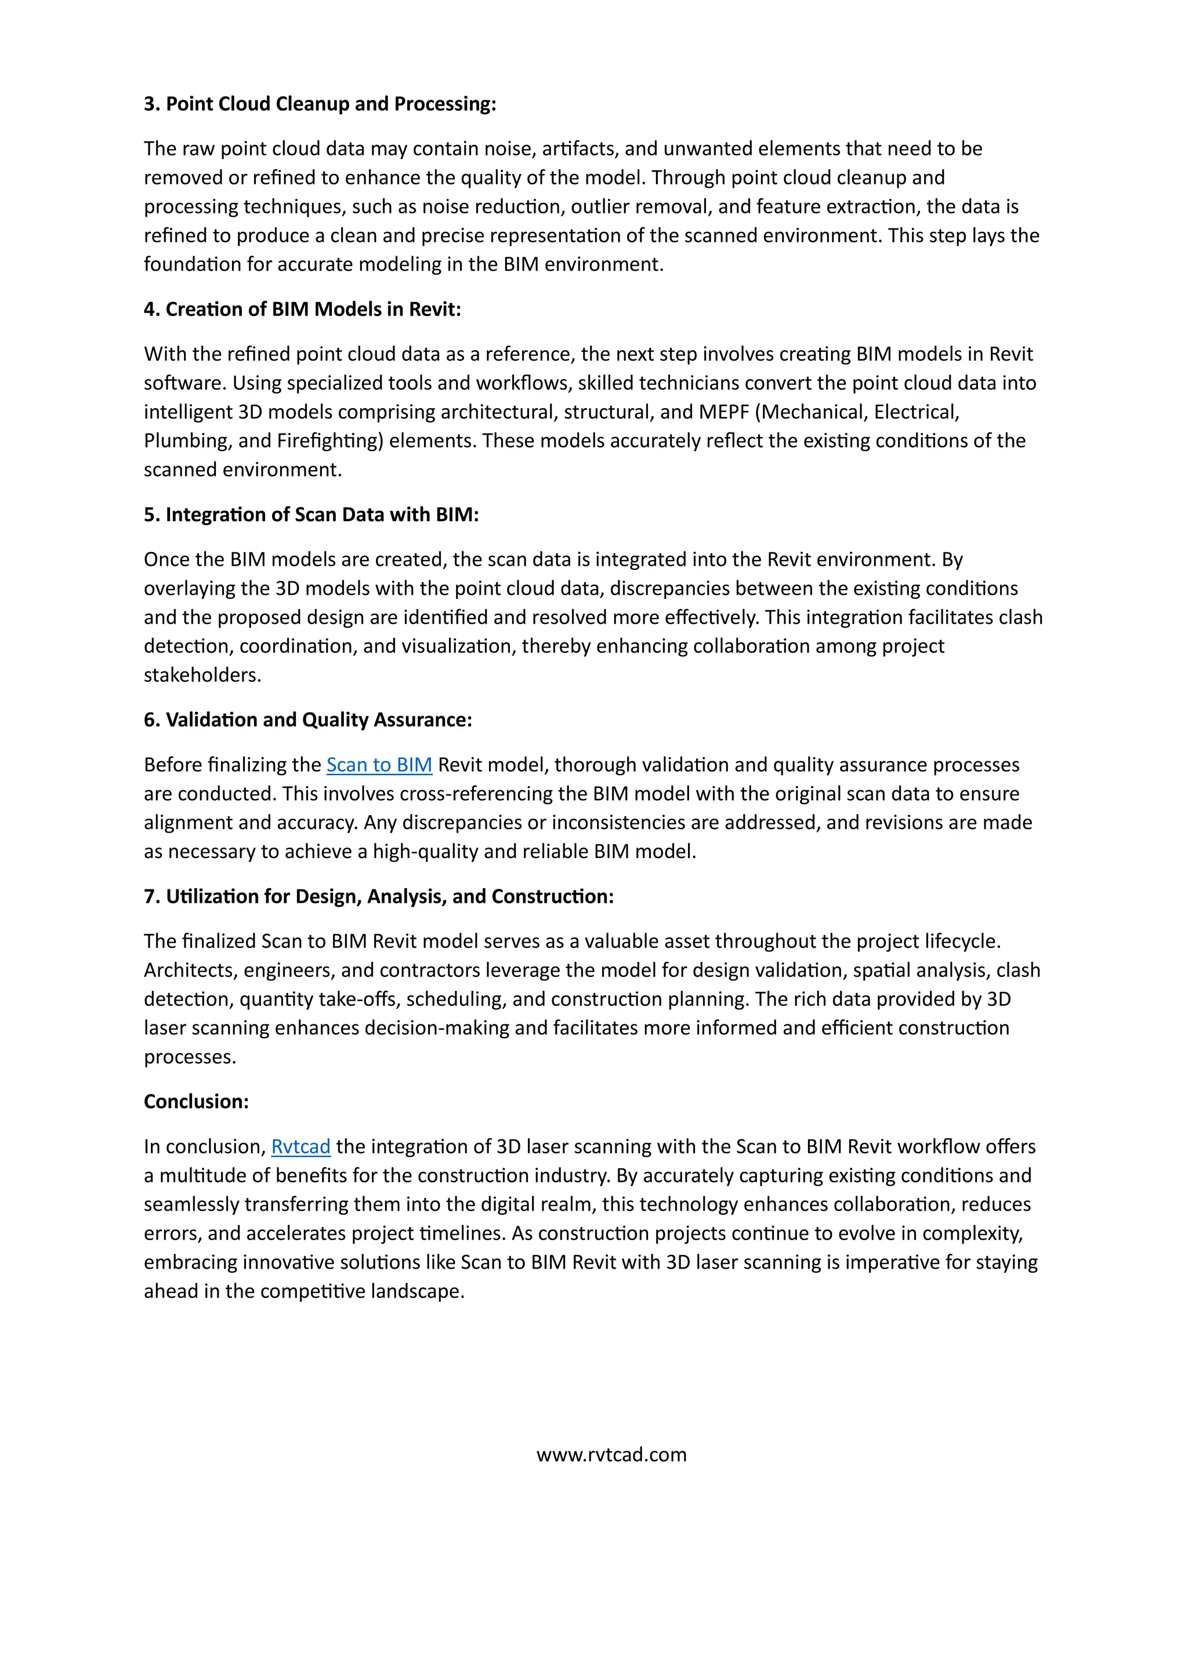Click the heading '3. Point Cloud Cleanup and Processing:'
pos(320,104)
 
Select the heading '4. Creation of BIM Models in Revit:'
pos(302,310)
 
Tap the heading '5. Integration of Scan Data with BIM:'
pos(311,515)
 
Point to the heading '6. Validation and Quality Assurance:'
pos(307,720)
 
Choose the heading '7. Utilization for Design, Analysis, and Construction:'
pos(378,896)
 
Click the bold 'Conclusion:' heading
pos(196,1102)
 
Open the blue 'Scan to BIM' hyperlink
pos(379,765)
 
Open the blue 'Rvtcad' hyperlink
pos(300,1147)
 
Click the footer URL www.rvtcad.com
pos(611,1455)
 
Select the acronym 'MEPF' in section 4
pos(724,412)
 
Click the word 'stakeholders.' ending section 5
pos(202,675)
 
